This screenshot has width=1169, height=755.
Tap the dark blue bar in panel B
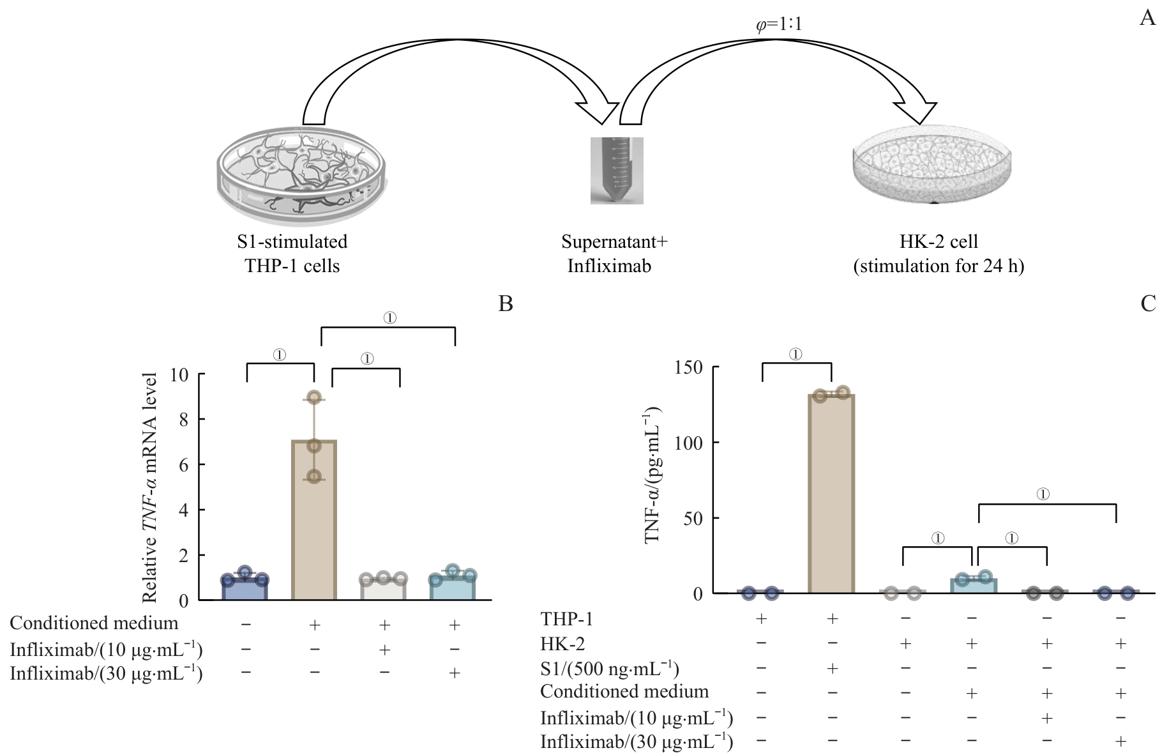tap(245, 589)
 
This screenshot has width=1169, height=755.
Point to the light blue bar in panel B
tap(453, 589)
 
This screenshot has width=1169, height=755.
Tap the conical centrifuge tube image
tap(616, 170)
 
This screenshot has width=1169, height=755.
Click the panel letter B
tap(505, 303)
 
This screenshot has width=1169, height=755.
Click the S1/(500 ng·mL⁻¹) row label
tap(609, 668)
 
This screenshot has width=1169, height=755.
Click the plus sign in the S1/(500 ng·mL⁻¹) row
tap(831, 668)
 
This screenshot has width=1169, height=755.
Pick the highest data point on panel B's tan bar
tap(313, 397)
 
